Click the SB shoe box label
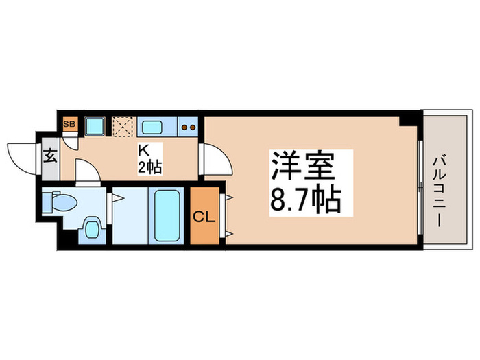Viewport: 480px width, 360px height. tap(69, 125)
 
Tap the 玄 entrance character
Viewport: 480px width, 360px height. tap(51, 154)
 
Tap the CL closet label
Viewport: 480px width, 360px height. tap(205, 218)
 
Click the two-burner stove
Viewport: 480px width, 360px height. tap(189, 127)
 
